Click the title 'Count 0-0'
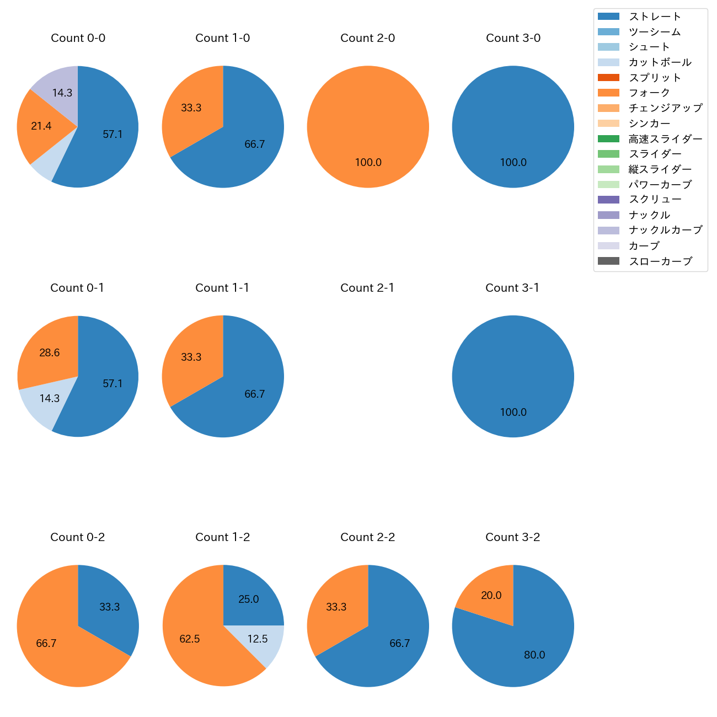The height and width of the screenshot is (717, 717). pos(78,38)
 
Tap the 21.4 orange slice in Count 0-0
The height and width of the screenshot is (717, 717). pos(41,126)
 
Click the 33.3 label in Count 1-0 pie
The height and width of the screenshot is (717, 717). pos(191,108)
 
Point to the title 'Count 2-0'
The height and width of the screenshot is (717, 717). pos(367,38)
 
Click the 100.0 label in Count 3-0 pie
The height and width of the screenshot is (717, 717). pos(513,163)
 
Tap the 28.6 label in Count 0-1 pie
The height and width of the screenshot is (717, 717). pos(50,353)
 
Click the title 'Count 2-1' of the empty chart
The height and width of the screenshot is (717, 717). pos(367,288)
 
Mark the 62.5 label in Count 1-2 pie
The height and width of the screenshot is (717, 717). pos(190,639)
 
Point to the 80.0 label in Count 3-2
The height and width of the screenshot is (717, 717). pos(534,655)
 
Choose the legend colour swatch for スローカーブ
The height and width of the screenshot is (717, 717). pos(608,261)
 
